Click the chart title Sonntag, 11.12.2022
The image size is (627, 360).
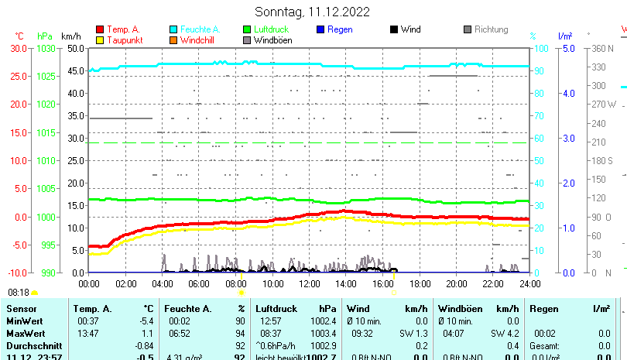pos(312,12)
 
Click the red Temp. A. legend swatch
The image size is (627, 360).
pos(100,29)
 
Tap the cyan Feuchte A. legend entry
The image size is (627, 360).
pos(197,29)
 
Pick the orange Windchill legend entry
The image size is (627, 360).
pos(197,40)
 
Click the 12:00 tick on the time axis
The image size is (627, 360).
pos(309,284)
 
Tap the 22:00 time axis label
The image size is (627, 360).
pos(492,284)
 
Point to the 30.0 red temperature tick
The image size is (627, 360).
pos(19,48)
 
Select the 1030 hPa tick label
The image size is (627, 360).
pos(46,48)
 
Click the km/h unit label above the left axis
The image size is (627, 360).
pos(70,36)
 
